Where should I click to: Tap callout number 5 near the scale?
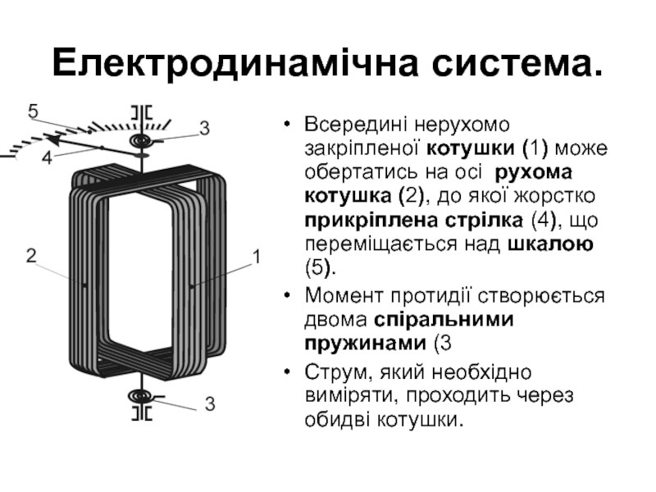coord(33,109)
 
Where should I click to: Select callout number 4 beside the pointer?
coord(47,157)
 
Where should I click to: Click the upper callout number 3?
coord(204,128)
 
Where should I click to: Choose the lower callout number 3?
coord(210,403)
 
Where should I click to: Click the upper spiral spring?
coord(142,142)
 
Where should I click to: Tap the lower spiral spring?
coord(142,398)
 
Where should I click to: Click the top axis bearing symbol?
coord(142,112)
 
